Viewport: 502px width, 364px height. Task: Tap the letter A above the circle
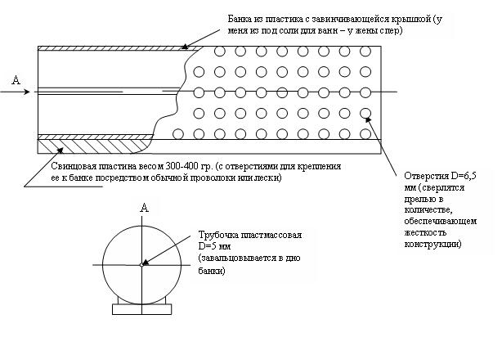(145, 209)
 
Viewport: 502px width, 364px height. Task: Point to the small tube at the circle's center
(142, 263)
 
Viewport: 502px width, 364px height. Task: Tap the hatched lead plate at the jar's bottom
(90, 146)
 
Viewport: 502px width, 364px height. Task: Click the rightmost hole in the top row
(365, 52)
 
